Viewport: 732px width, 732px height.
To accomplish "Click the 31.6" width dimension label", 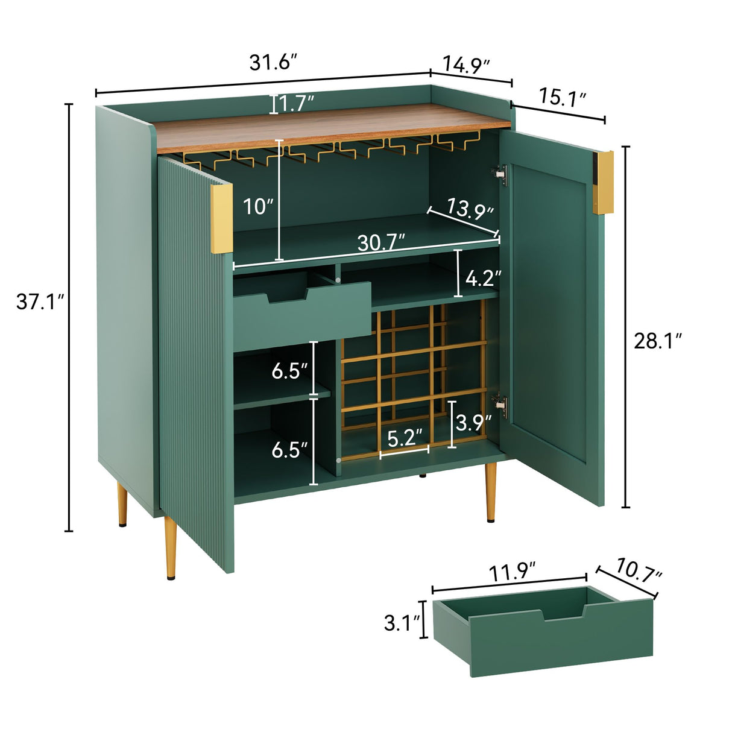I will [273, 63].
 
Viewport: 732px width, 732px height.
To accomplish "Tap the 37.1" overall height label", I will [40, 301].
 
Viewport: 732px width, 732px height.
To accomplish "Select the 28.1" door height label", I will [658, 341].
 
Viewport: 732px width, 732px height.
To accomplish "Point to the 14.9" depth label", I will [466, 64].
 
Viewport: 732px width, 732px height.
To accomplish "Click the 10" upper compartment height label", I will [258, 207].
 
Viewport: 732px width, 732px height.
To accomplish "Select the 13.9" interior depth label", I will [470, 208].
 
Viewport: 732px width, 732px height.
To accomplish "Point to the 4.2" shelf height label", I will [484, 278].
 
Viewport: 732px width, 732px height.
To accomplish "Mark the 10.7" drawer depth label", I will [639, 570].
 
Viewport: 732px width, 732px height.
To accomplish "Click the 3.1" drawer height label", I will [402, 622].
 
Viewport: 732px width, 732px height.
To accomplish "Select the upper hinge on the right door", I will [500, 175].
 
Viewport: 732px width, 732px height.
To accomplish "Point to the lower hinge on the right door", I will [500, 407].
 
